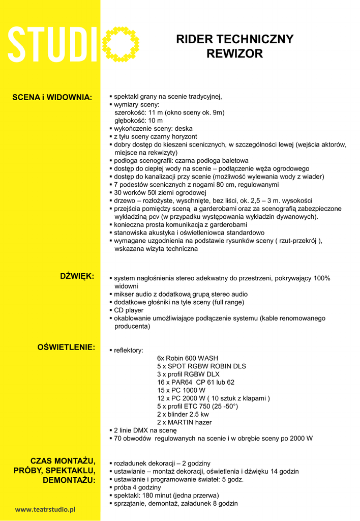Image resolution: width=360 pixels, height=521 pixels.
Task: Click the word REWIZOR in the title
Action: tap(234, 53)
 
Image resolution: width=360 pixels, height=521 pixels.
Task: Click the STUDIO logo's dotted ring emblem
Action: tap(121, 44)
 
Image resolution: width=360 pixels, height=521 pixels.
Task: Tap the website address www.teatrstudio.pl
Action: tap(45, 509)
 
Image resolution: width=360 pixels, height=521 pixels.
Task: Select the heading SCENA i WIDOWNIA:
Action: tap(52, 97)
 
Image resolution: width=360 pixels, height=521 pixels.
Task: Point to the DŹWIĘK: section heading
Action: tap(77, 276)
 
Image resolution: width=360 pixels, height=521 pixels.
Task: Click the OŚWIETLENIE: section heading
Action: tap(66, 347)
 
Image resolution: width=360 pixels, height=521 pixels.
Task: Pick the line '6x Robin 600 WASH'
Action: tap(188, 358)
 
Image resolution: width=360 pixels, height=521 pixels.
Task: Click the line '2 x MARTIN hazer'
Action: tap(184, 422)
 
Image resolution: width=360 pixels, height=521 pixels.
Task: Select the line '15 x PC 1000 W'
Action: tap(181, 390)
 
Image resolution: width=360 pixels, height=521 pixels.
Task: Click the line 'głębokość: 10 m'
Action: tap(138, 121)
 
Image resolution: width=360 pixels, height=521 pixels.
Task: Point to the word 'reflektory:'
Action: tap(128, 350)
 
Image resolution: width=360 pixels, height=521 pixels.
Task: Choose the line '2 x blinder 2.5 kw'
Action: tap(183, 414)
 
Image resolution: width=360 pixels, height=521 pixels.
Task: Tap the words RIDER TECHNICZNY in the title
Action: tap(234, 40)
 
